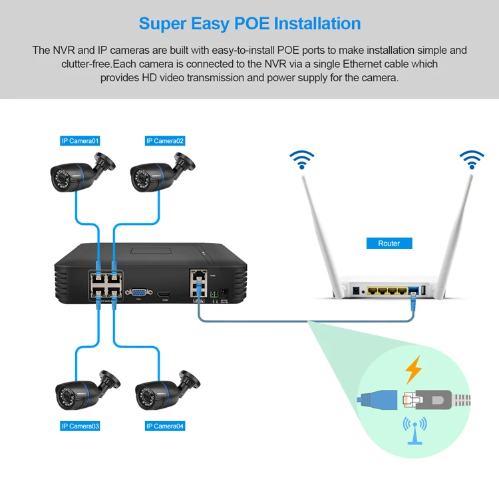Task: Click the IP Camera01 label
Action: click(80, 140)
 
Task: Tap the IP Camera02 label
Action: click(165, 140)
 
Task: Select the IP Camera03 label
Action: click(80, 426)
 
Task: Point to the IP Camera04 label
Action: click(165, 426)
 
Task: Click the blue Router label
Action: click(389, 244)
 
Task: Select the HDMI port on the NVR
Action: click(164, 292)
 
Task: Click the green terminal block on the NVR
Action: click(214, 291)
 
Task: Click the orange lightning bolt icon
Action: click(414, 369)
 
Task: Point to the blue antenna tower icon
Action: click(413, 430)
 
